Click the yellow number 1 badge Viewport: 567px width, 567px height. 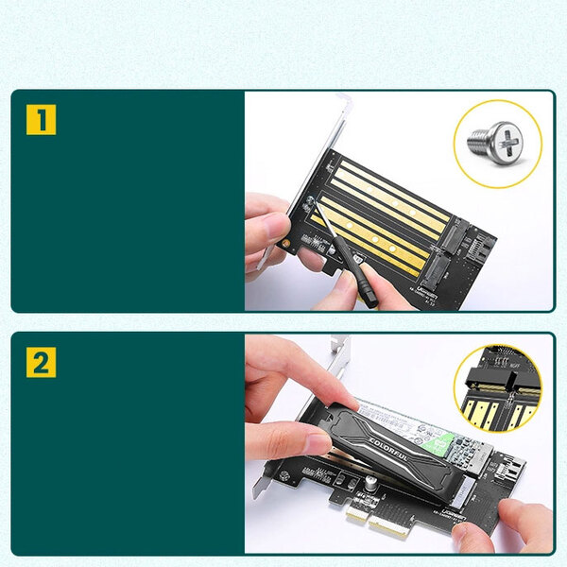[41, 120]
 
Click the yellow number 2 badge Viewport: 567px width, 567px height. [41, 362]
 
